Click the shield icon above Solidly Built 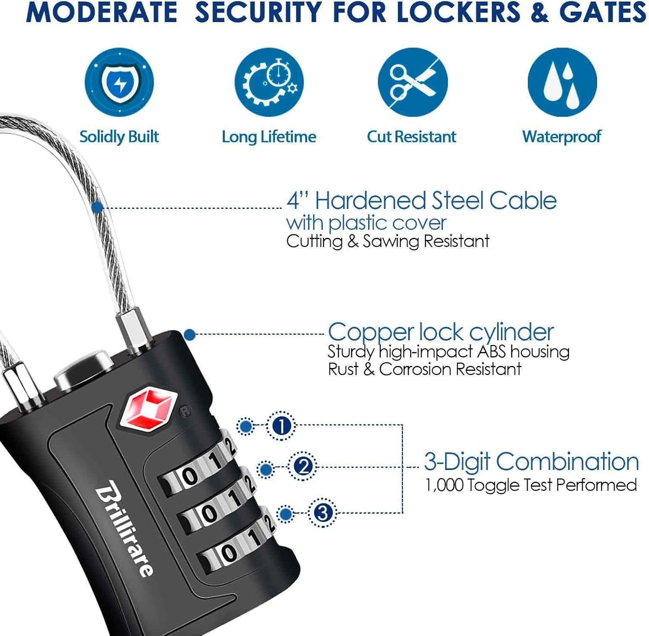coord(119,82)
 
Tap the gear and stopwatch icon coord(269,82)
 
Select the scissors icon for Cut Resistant coord(412,82)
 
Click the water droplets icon coord(562,82)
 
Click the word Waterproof coord(562,137)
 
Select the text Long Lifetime coord(269,137)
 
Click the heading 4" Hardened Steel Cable coord(421,201)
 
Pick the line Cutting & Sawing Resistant coord(388,241)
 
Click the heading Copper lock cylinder coord(440,332)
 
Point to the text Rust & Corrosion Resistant coord(424,369)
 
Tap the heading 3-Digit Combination coord(531,461)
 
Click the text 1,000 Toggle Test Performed coord(531,485)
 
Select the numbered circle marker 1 coord(281,426)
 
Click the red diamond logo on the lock coord(148,409)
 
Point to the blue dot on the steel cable coord(97,208)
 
